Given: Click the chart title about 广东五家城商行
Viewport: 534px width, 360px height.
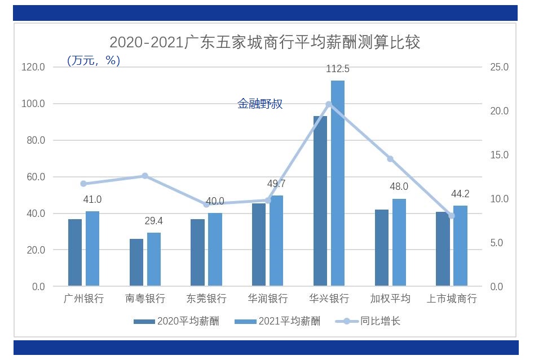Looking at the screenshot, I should tap(264, 43).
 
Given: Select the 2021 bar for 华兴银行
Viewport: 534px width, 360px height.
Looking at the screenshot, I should tap(338, 183).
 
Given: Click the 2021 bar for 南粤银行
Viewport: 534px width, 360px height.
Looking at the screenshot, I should tap(154, 259).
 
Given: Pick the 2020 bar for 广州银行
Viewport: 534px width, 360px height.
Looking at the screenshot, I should tap(75, 252).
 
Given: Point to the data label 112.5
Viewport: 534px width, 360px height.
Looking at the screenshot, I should tap(338, 69).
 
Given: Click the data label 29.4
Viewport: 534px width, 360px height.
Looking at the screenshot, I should tap(154, 221).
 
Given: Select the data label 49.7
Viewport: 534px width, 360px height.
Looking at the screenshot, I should tap(276, 184).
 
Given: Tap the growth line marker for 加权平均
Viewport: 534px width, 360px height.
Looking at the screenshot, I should tap(390, 159).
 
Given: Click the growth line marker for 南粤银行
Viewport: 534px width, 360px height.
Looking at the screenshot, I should tap(144, 176).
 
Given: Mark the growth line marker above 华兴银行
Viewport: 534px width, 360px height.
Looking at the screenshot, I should tap(329, 104).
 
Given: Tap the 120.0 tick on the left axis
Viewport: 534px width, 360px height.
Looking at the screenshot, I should tap(33, 67).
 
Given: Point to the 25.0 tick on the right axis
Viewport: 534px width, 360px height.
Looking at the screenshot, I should tap(500, 67).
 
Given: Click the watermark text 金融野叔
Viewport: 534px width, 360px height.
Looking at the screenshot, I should tap(260, 104).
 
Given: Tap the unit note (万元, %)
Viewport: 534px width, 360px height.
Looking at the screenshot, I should tap(94, 60).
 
